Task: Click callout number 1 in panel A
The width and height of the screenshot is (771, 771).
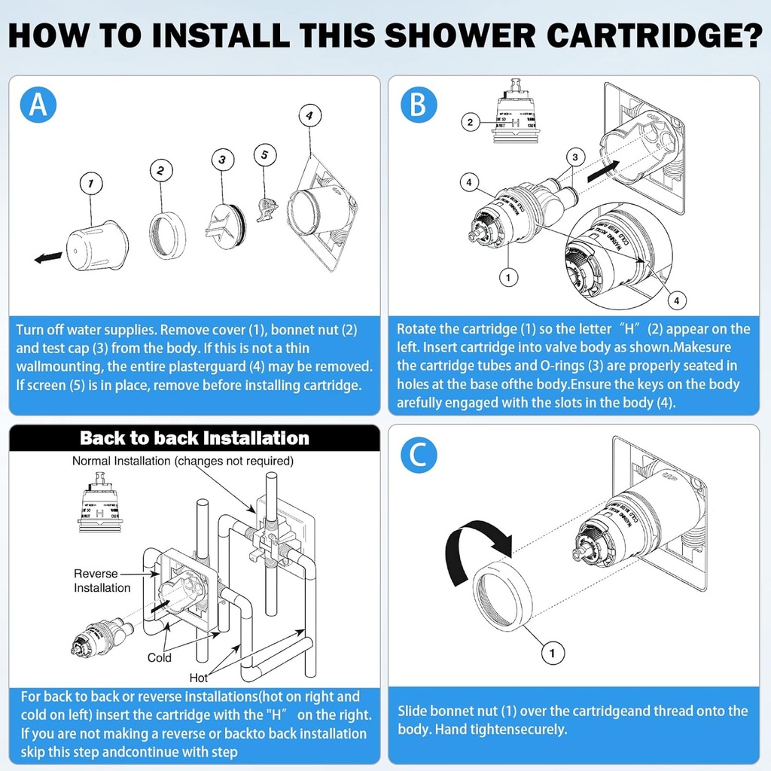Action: click(90, 183)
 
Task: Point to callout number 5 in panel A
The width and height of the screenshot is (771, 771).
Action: click(264, 155)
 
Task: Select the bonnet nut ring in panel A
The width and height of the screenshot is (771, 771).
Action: click(166, 235)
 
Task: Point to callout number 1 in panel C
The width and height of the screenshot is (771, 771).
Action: click(553, 653)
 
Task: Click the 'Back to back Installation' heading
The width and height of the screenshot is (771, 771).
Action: click(194, 438)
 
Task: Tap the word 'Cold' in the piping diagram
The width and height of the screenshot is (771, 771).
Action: click(160, 657)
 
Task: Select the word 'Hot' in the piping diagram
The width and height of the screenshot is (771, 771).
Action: click(200, 677)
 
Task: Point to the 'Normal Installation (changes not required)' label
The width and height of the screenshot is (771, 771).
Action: click(183, 461)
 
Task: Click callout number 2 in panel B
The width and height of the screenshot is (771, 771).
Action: click(471, 122)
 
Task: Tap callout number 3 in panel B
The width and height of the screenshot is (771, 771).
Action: click(575, 157)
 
